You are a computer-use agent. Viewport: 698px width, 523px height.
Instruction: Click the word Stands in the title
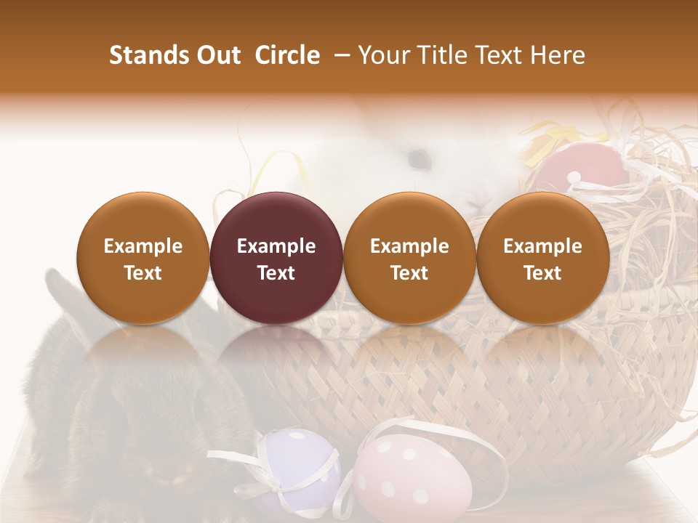pyautogui.click(x=143, y=55)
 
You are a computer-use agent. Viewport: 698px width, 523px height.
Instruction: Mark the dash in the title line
pyautogui.click(x=339, y=55)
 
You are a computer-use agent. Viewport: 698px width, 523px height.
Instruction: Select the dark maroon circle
pyautogui.click(x=276, y=258)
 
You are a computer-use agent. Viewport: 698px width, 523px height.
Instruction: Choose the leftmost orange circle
pyautogui.click(x=143, y=258)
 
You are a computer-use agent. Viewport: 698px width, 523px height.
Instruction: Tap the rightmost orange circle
pyautogui.click(x=542, y=258)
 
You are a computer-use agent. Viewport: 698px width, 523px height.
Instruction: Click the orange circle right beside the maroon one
pyautogui.click(x=409, y=258)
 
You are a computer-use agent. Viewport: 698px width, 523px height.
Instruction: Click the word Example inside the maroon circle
pyautogui.click(x=276, y=246)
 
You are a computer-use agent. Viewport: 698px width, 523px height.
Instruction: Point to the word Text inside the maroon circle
pyautogui.click(x=276, y=273)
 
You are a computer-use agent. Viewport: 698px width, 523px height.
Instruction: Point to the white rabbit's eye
pyautogui.click(x=418, y=155)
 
